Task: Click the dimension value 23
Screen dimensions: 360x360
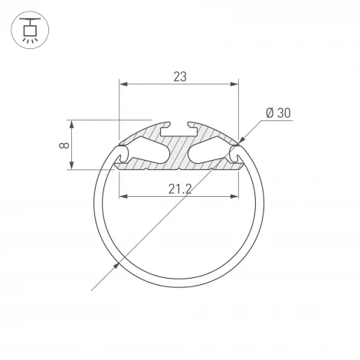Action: (179, 76)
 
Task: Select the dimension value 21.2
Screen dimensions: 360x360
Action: (179, 188)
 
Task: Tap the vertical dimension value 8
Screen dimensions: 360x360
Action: (64, 144)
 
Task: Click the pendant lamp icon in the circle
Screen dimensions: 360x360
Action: (30, 30)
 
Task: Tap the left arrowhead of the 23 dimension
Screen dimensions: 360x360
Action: (122, 83)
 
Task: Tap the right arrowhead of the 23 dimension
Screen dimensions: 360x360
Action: (235, 83)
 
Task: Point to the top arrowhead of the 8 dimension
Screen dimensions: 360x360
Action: (72, 123)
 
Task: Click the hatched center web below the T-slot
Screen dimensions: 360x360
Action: (178, 153)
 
